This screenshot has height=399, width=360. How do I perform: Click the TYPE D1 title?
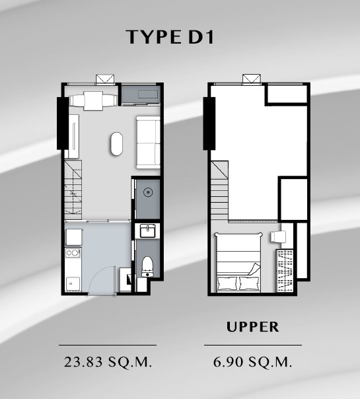170,37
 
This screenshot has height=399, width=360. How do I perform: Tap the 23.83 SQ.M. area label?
108,362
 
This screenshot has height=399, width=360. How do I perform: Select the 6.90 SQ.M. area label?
252,362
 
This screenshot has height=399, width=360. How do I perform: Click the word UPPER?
252,327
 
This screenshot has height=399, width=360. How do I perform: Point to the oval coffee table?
117,144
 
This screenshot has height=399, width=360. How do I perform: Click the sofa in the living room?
149,143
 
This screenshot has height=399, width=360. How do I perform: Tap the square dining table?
93,101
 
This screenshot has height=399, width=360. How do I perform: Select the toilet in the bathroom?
147,266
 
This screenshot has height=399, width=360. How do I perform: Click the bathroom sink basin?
147,231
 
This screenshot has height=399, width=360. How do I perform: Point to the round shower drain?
148,192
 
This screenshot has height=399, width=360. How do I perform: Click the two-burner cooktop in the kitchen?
73,253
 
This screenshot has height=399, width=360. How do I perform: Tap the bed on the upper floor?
238,262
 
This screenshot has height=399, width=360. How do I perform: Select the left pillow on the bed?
227,283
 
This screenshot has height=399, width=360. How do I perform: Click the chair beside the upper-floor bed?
278,237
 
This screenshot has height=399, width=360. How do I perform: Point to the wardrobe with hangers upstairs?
285,271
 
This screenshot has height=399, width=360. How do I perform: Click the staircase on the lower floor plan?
73,190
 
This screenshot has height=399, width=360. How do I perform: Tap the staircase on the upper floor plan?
219,190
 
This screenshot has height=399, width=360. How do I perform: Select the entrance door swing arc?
102,281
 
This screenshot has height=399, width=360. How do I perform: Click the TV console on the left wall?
74,136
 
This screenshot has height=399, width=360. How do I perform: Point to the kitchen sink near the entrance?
73,283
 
